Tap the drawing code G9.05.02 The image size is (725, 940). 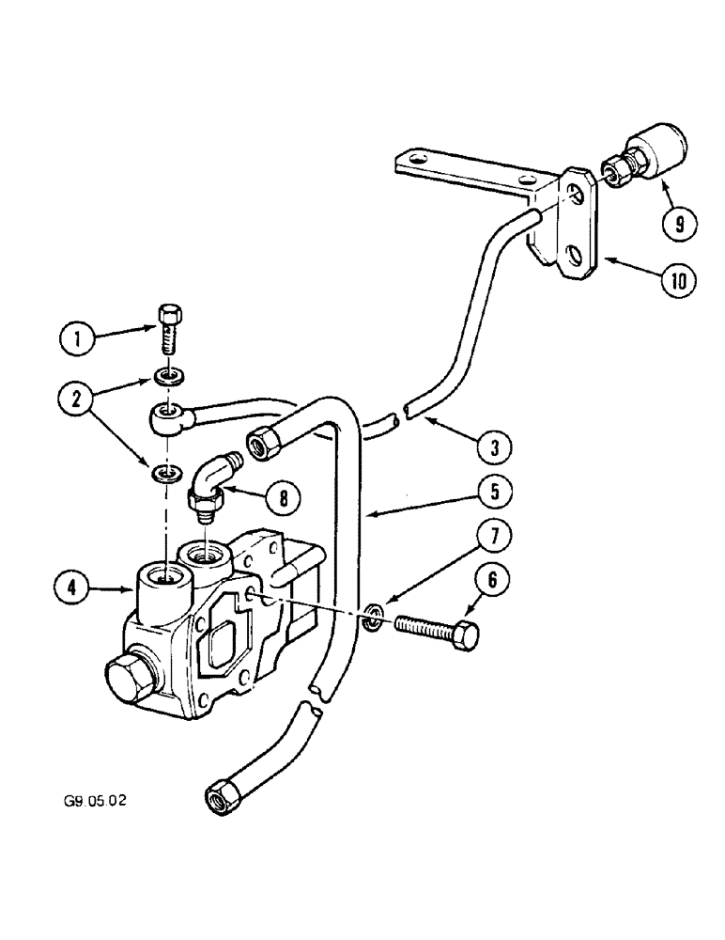[90, 802]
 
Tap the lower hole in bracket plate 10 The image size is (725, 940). [571, 253]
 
